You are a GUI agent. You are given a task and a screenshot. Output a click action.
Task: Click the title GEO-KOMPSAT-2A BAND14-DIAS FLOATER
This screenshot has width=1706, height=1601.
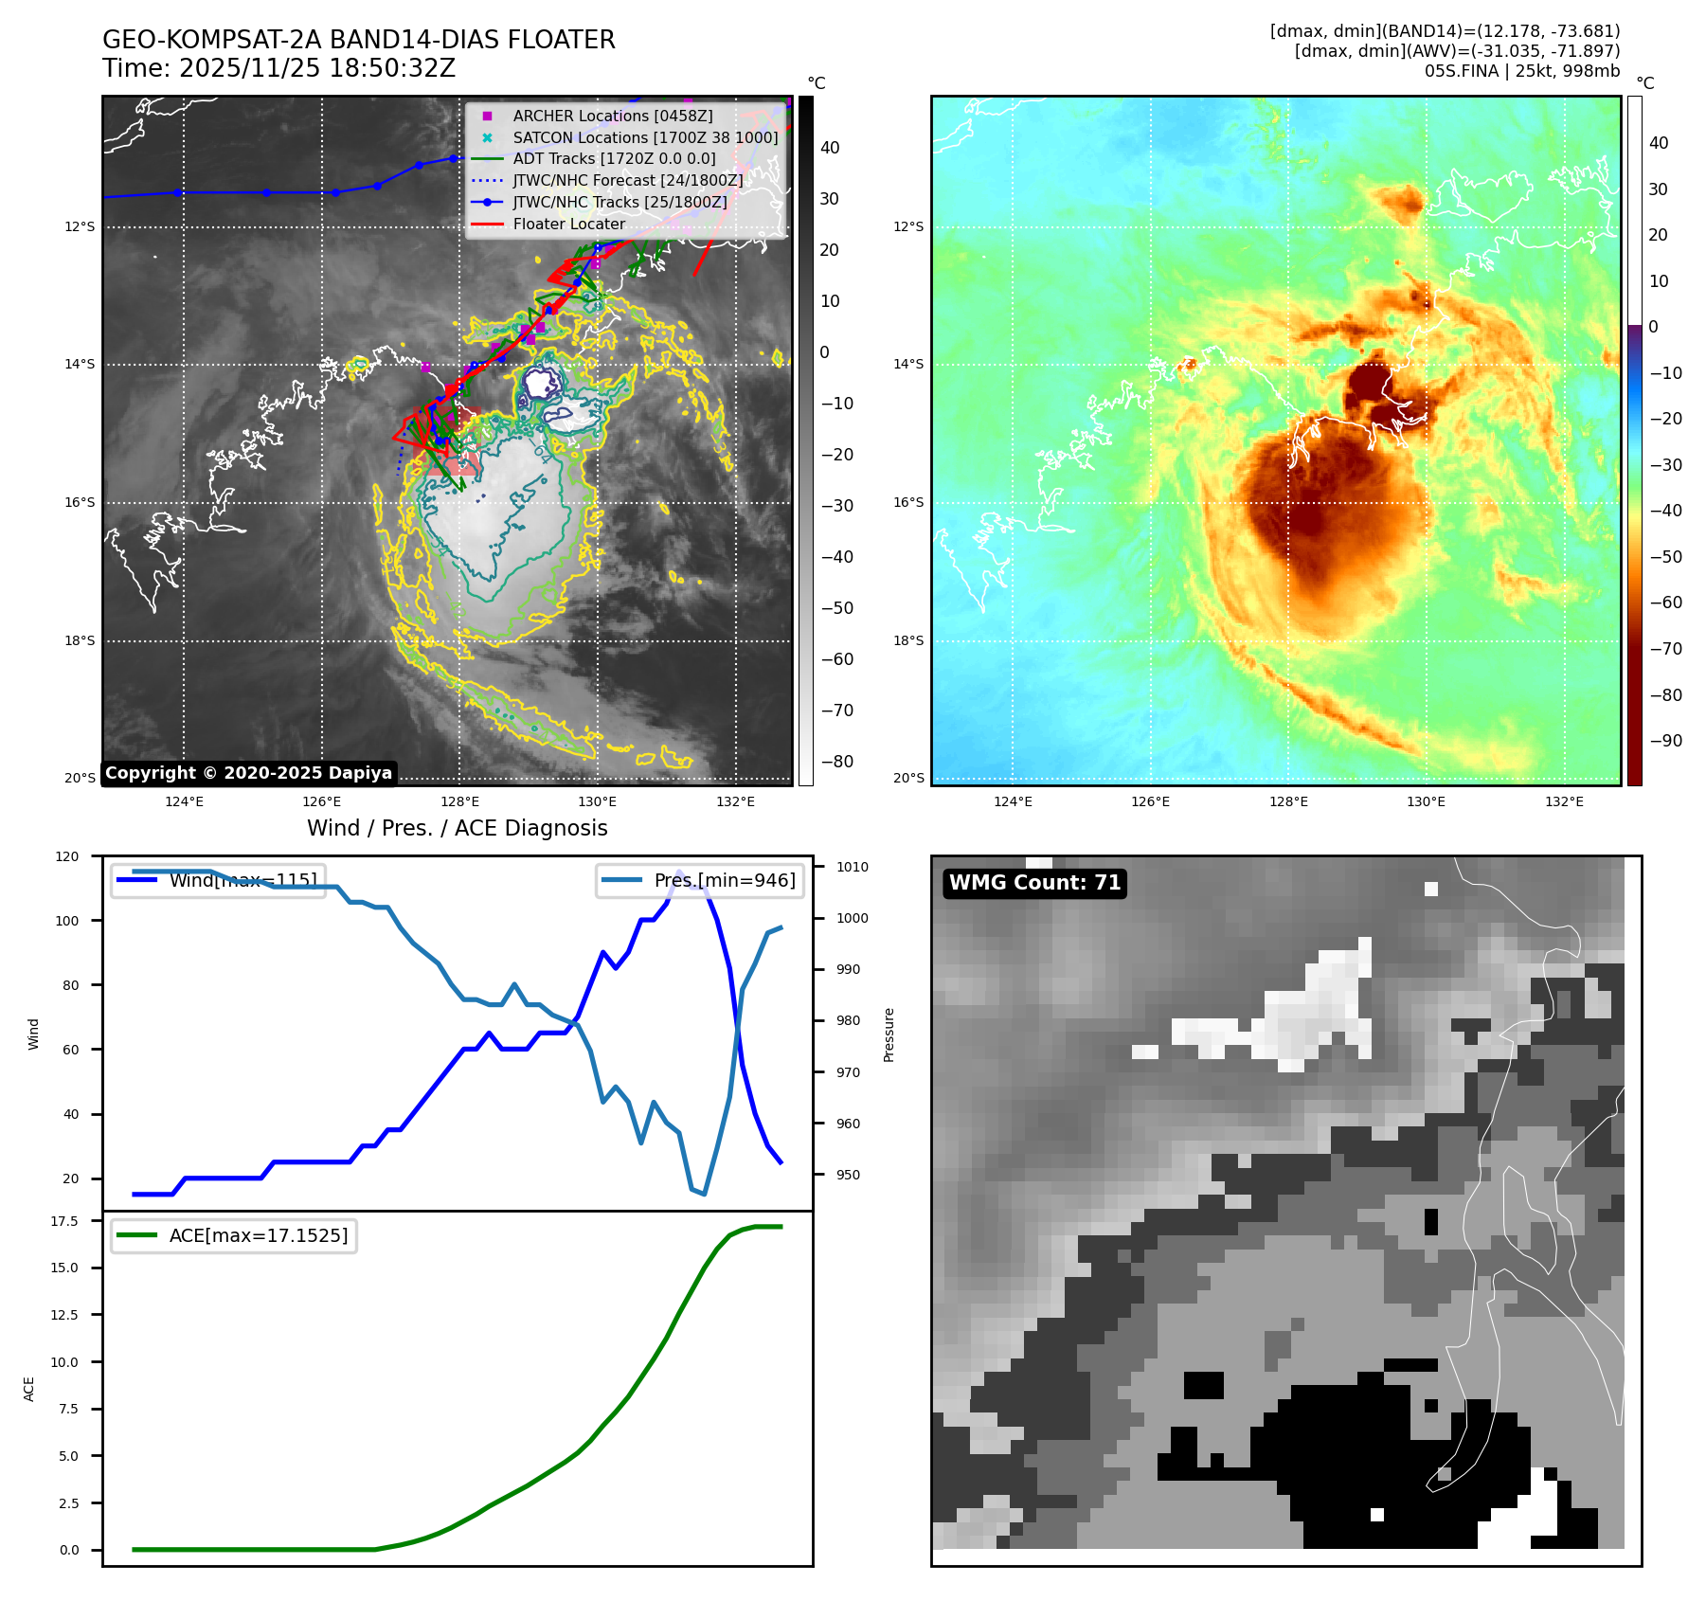358,40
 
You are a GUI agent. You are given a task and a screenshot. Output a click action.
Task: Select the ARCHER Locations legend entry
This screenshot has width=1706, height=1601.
612,116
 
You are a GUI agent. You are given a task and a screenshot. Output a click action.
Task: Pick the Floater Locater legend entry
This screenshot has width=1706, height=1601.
568,225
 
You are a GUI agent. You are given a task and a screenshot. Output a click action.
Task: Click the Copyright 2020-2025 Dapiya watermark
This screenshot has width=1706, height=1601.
248,773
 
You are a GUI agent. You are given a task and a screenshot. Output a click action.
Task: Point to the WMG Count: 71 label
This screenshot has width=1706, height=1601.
1034,883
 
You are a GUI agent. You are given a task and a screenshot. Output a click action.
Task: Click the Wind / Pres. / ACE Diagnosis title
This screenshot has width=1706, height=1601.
457,828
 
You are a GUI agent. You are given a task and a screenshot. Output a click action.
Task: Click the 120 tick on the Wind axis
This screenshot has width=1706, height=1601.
67,856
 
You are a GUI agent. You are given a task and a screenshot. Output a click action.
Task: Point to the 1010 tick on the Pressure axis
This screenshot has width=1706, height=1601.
852,867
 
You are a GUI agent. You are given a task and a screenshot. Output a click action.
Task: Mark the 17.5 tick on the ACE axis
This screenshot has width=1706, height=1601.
64,1221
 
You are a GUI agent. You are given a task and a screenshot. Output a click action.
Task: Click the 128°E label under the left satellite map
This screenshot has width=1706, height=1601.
459,801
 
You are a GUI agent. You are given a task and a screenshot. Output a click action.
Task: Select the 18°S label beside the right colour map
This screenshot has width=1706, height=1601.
907,640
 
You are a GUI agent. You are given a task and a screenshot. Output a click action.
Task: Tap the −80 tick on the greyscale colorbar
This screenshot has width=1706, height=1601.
836,762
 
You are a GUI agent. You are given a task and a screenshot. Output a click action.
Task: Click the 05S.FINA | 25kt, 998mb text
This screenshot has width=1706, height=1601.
1521,71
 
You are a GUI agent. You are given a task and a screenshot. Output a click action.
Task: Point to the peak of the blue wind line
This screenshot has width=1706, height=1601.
678,872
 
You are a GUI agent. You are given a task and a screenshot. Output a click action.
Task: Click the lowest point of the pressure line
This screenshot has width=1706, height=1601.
704,1194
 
